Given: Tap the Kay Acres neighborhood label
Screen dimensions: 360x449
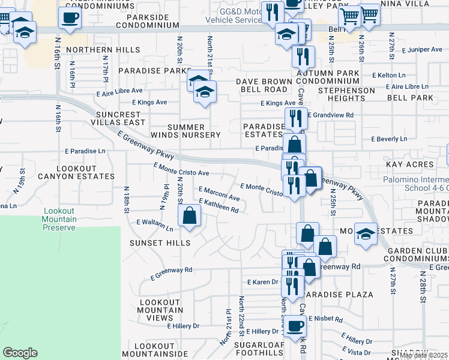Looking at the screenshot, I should (x=410, y=164).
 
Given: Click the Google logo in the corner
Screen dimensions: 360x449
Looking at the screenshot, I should (x=20, y=353).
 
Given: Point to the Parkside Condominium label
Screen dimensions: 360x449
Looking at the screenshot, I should (x=147, y=21).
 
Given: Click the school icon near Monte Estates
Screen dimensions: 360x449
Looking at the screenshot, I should (x=365, y=233).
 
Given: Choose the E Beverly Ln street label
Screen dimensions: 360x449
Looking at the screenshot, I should (x=389, y=139).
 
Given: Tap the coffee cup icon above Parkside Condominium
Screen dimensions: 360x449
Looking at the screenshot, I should (x=70, y=17).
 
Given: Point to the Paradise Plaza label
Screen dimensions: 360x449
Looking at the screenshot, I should (x=338, y=295).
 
